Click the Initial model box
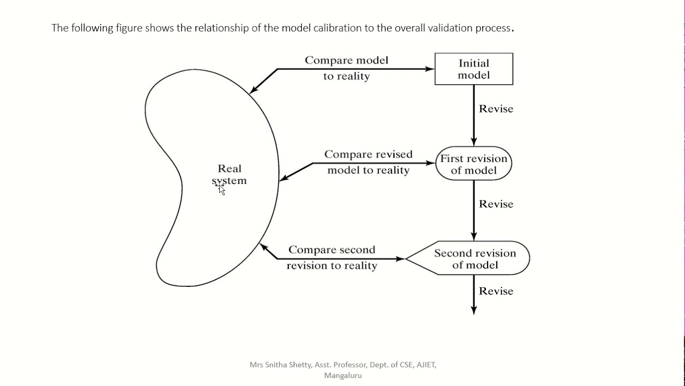pyautogui.click(x=474, y=69)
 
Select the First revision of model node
pyautogui.click(x=474, y=164)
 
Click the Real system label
pyautogui.click(x=230, y=174)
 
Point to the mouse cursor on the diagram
pyautogui.click(x=220, y=188)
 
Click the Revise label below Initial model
pyautogui.click(x=496, y=109)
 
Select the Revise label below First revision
pyautogui.click(x=496, y=204)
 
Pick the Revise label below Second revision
pyautogui.click(x=496, y=291)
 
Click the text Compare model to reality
pyautogui.click(x=346, y=68)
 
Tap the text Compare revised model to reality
pyautogui.click(x=368, y=162)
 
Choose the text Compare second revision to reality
pyautogui.click(x=332, y=257)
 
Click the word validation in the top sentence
pyautogui.click(x=450, y=28)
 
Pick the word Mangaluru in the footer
pyautogui.click(x=343, y=375)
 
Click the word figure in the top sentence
pyautogui.click(x=129, y=28)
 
